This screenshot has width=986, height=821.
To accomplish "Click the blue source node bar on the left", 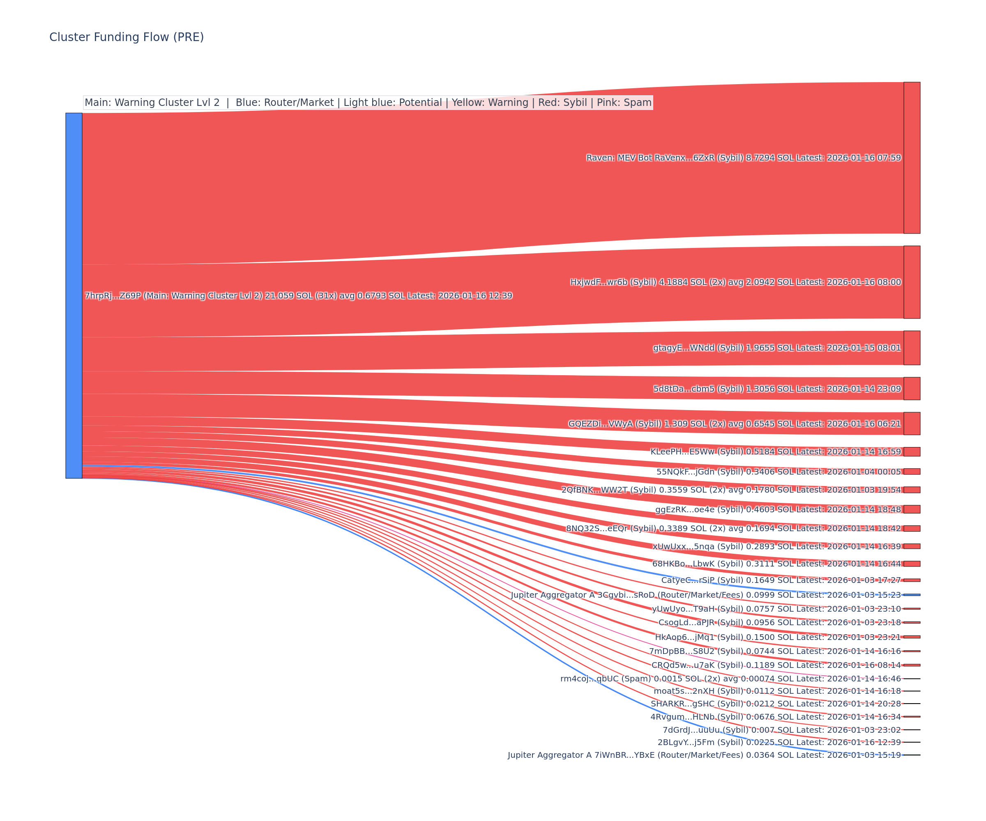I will click(x=74, y=296).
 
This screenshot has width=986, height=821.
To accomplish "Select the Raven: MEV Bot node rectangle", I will click(x=912, y=158).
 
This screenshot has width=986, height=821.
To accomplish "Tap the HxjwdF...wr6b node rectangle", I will click(x=912, y=282).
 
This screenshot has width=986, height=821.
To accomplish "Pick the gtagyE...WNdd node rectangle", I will click(x=912, y=348).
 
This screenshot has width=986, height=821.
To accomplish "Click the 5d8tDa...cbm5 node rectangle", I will click(x=912, y=388).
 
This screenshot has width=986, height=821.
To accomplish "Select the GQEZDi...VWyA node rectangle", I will click(x=912, y=424).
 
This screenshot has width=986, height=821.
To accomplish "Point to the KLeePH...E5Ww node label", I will click(x=775, y=452).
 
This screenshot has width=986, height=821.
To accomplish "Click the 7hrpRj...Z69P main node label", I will click(x=298, y=296).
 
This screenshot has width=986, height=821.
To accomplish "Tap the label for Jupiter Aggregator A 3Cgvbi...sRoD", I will click(x=706, y=595).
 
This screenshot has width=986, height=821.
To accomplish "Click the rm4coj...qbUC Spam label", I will click(x=730, y=679).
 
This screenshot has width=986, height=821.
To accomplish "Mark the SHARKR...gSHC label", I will click(x=776, y=704).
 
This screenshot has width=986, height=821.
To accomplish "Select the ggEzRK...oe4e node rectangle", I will click(x=912, y=509).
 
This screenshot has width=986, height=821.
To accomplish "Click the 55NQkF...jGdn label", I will click(x=779, y=472).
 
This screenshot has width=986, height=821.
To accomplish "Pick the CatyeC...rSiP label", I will click(x=781, y=580).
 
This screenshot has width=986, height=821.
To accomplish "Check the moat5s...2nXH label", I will click(x=777, y=691).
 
